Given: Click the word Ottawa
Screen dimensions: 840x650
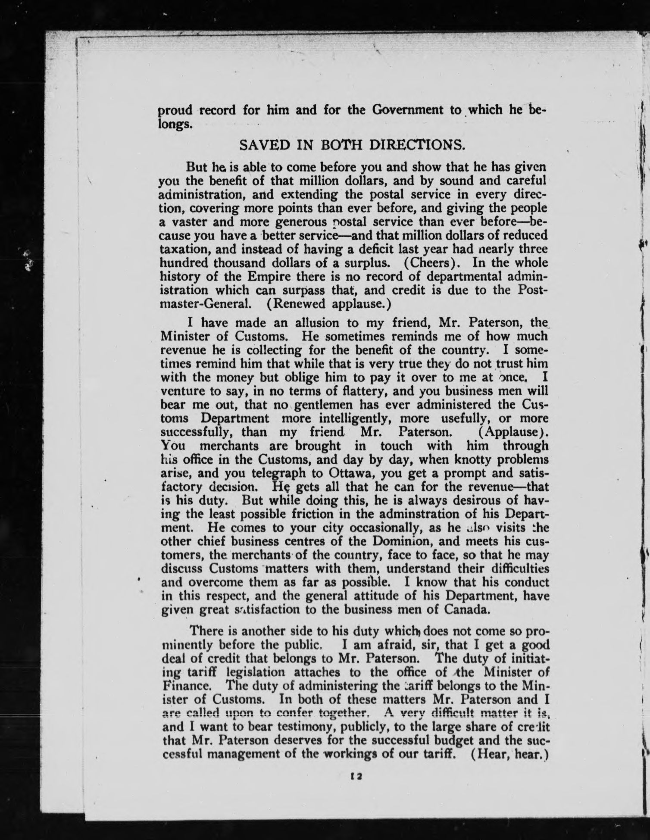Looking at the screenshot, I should [350, 473].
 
